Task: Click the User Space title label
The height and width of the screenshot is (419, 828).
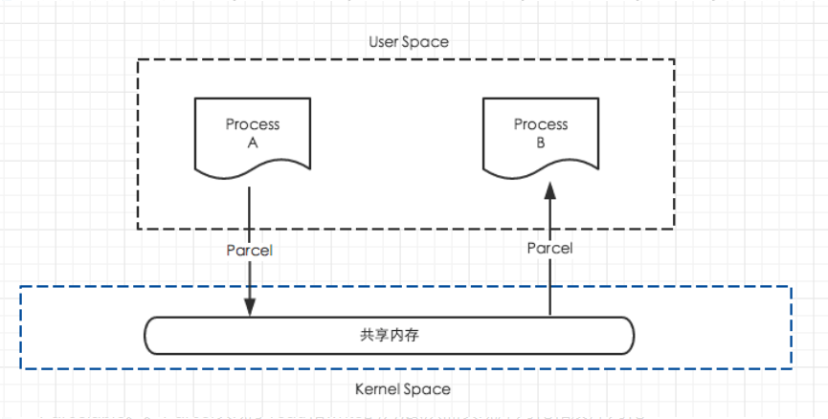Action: tap(408, 42)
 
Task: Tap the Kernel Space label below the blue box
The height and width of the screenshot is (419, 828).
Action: tap(402, 389)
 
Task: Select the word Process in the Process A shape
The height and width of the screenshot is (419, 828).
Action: tap(253, 124)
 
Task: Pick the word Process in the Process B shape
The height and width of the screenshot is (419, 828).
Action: tap(541, 124)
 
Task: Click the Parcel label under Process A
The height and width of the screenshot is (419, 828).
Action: tap(250, 250)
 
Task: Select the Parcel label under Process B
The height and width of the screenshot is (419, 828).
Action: tap(549, 248)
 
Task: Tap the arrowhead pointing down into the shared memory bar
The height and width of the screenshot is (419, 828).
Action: tap(250, 307)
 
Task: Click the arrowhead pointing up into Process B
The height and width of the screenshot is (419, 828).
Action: tap(549, 192)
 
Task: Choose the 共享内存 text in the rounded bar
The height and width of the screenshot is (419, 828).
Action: tap(389, 336)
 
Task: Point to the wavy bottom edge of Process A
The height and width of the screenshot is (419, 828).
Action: tap(253, 171)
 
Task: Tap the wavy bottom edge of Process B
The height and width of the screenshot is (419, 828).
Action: tap(541, 171)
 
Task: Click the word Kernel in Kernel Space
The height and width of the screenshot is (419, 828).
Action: tap(376, 389)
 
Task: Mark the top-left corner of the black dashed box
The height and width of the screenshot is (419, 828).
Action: tap(138, 59)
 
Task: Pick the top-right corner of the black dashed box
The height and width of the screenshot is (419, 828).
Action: tap(675, 59)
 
